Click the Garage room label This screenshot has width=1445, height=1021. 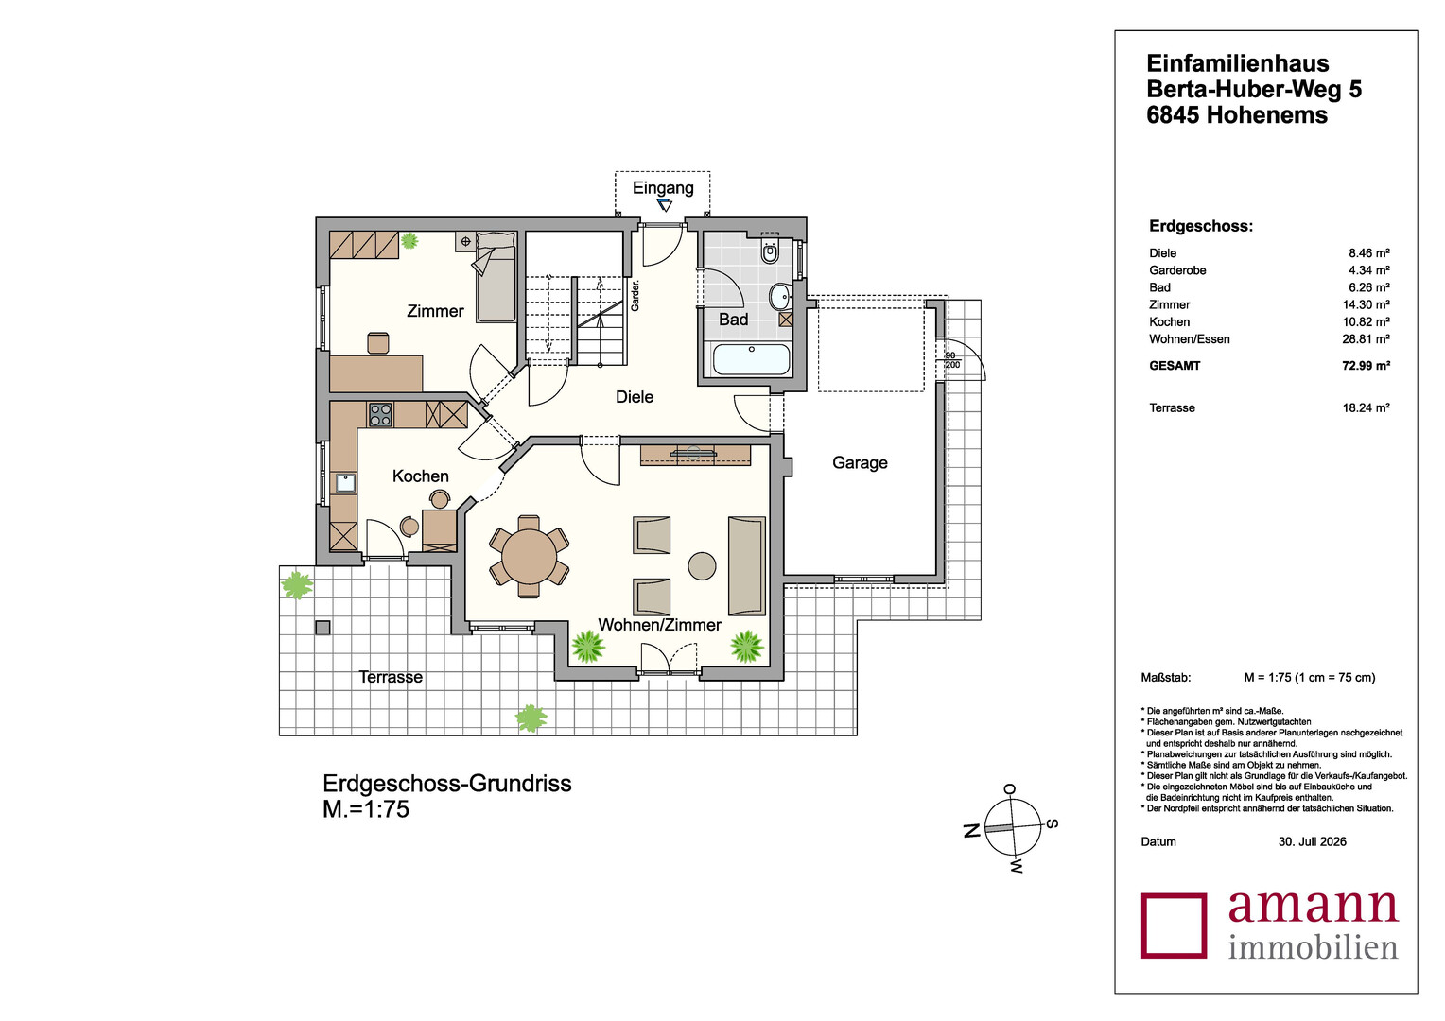pyautogui.click(x=860, y=462)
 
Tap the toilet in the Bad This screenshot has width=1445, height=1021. pyautogui.click(x=770, y=250)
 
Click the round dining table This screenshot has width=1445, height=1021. pyautogui.click(x=529, y=556)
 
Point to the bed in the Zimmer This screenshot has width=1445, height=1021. pyautogui.click(x=496, y=277)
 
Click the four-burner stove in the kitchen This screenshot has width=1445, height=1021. pyautogui.click(x=380, y=415)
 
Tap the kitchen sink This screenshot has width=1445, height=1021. pyautogui.click(x=345, y=483)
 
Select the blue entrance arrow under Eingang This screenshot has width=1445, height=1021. pyautogui.click(x=664, y=206)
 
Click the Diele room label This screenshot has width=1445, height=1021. pyautogui.click(x=635, y=397)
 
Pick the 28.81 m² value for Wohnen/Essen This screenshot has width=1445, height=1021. pyautogui.click(x=1366, y=338)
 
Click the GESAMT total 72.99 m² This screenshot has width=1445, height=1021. pyautogui.click(x=1366, y=365)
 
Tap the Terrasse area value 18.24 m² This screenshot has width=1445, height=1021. pyautogui.click(x=1366, y=407)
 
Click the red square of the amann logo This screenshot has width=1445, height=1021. pyautogui.click(x=1175, y=925)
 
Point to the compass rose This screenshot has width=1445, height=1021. pyautogui.click(x=1014, y=827)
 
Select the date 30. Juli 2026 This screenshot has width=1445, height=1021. pyautogui.click(x=1312, y=841)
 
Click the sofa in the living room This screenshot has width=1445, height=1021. pyautogui.click(x=747, y=565)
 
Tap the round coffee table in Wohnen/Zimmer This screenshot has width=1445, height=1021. pyautogui.click(x=702, y=566)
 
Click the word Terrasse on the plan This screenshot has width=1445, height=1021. pyautogui.click(x=391, y=677)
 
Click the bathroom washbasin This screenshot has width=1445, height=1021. pyautogui.click(x=779, y=297)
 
